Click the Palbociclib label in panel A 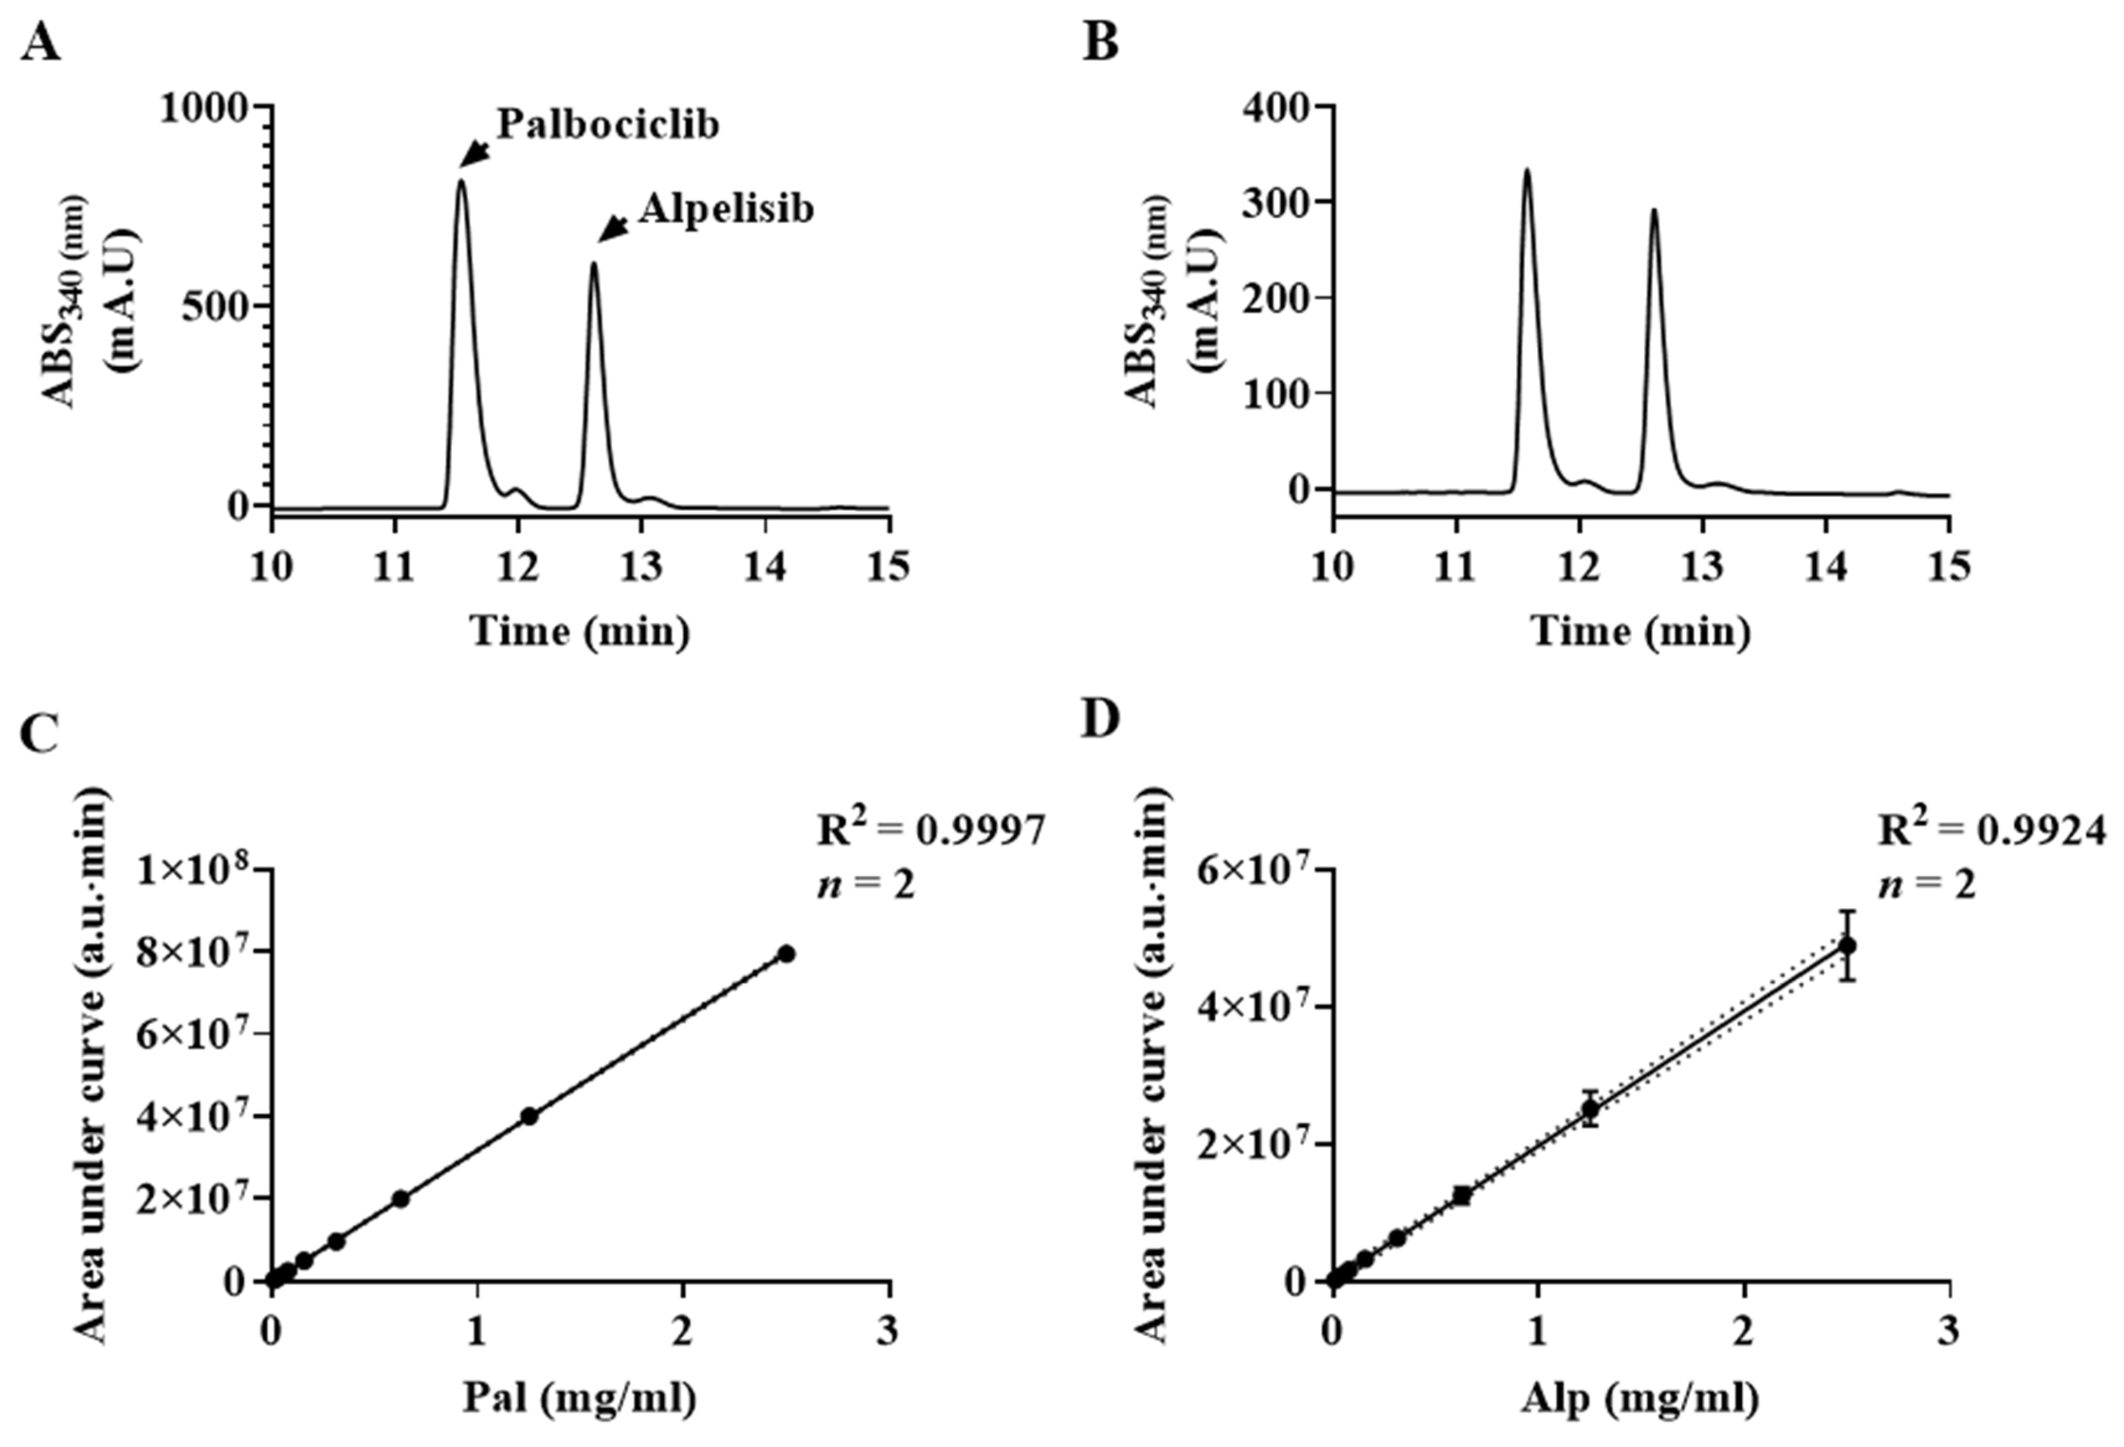coord(608,124)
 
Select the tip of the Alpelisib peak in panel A coord(594,265)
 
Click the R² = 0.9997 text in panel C coord(930,832)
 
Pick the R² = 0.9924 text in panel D coord(1998,832)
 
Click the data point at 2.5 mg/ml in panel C coord(786,953)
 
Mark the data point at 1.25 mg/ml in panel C coord(528,1116)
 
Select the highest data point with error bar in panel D coord(1847,945)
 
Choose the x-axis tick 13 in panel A coord(642,568)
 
